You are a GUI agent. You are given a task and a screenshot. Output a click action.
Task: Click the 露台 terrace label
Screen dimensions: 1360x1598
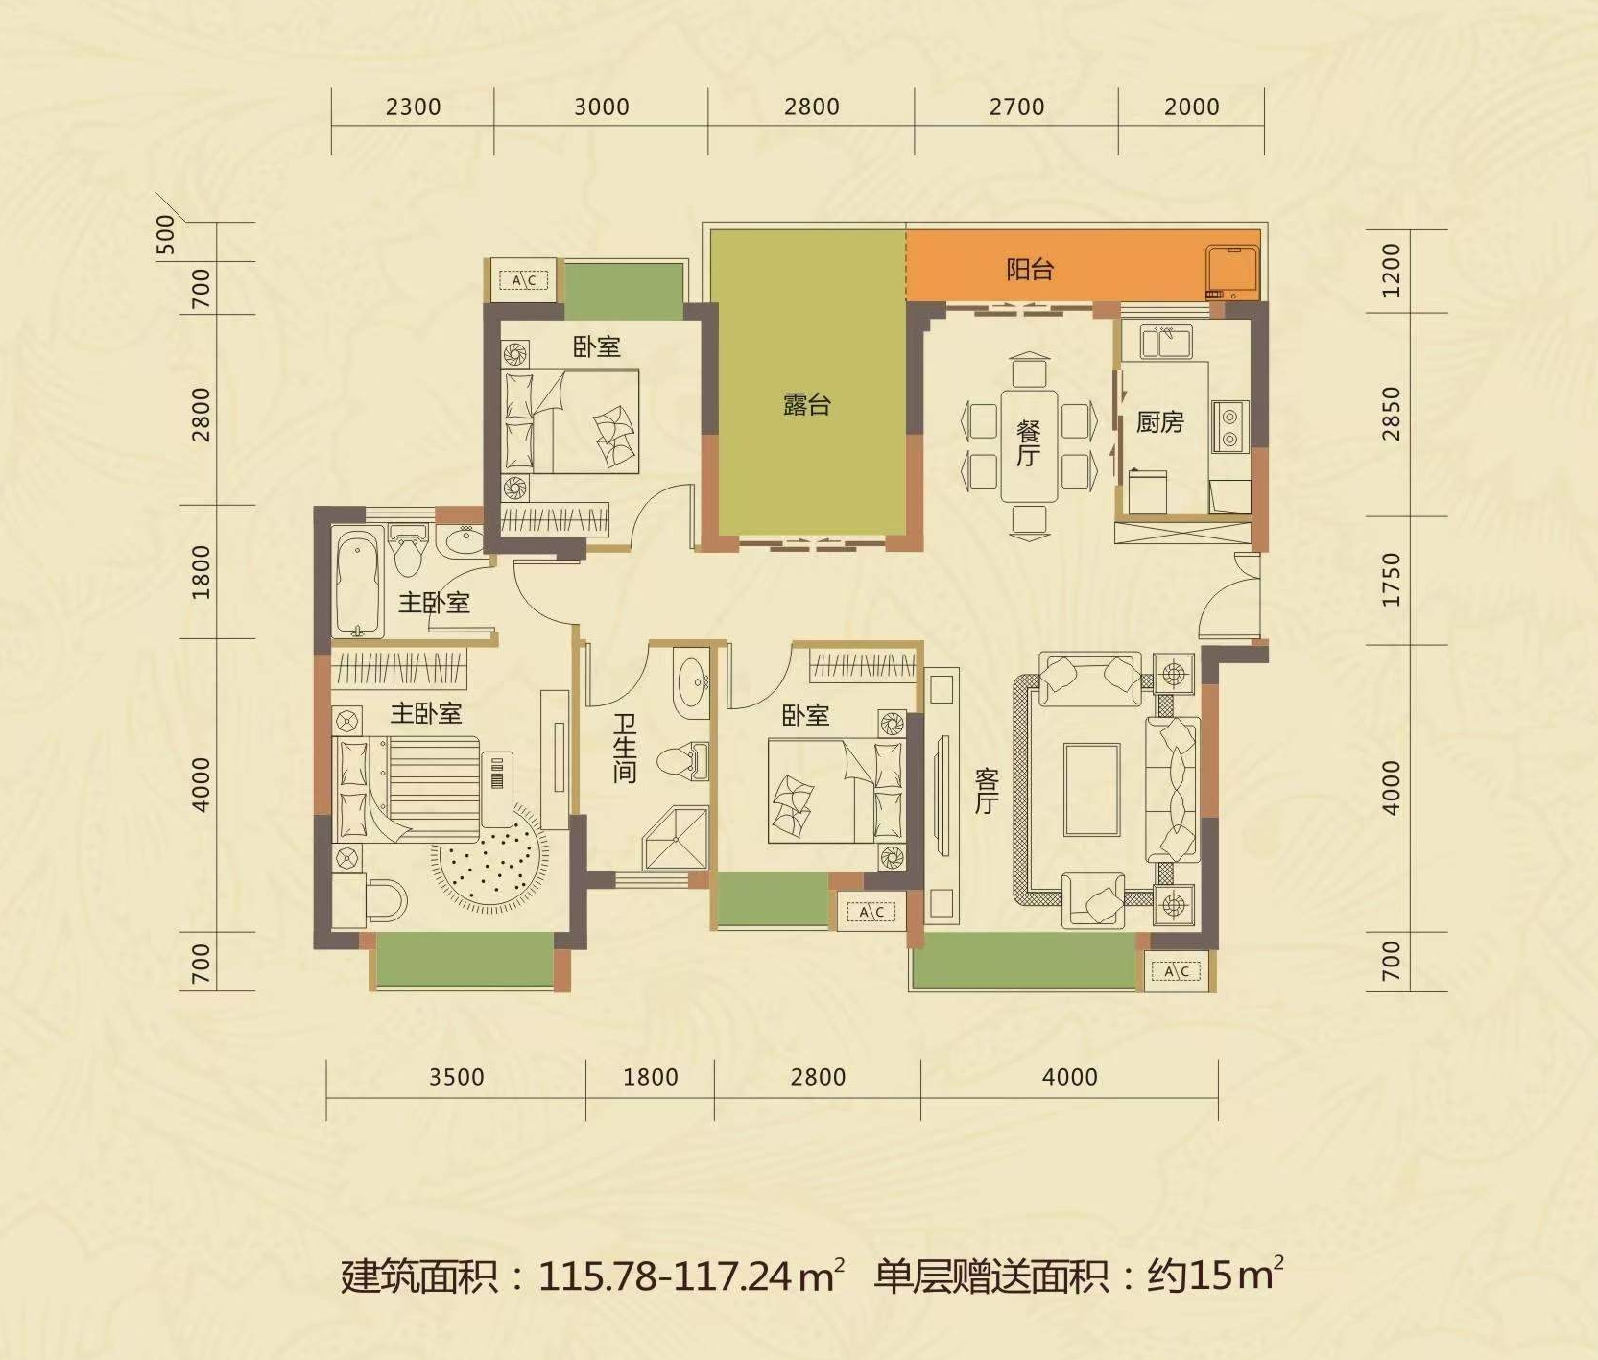click(806, 405)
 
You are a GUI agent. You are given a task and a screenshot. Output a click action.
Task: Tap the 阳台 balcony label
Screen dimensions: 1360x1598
click(1030, 269)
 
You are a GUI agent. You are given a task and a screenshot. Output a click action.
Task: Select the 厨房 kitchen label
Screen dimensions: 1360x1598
click(1159, 421)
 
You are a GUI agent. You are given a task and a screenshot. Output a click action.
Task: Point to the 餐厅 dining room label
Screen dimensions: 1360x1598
click(1028, 441)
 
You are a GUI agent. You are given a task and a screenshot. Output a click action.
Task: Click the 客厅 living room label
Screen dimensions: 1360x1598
click(987, 790)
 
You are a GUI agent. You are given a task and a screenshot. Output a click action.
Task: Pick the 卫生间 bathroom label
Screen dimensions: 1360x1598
click(625, 748)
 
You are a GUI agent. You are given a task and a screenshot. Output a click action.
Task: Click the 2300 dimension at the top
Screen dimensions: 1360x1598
click(413, 107)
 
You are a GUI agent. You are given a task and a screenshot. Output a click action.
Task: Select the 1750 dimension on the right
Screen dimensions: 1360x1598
click(1392, 579)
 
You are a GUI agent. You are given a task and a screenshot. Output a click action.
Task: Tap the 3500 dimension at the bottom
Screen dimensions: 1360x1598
click(456, 1077)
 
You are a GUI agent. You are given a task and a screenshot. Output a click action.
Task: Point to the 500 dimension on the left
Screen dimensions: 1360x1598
click(166, 234)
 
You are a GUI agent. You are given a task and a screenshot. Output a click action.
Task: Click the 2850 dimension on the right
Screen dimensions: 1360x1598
click(1392, 414)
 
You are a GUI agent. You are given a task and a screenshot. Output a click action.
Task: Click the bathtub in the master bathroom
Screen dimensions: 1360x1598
click(358, 583)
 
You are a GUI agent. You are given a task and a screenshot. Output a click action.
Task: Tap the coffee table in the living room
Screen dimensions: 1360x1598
click(1091, 789)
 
